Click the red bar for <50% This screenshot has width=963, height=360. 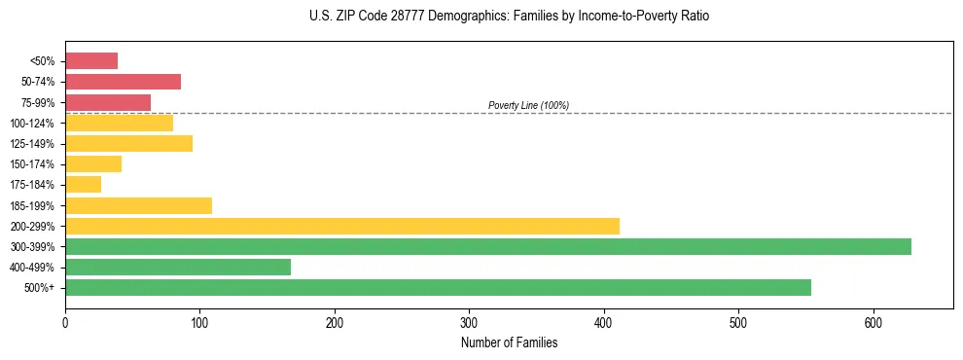(91, 61)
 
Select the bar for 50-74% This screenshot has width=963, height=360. (123, 82)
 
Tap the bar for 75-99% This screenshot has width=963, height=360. (108, 102)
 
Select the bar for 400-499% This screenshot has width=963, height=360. (178, 267)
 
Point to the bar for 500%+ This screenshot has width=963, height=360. (438, 287)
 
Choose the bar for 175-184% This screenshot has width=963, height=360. (83, 184)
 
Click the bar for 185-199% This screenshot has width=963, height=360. (138, 205)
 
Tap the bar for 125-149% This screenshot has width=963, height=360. (128, 143)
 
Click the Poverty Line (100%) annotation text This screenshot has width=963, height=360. (528, 105)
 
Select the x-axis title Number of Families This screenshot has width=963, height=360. (509, 342)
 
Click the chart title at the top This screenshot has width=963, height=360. (510, 17)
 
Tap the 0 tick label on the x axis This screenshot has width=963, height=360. (65, 322)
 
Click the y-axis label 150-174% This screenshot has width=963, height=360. (32, 164)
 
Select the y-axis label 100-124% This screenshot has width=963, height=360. (32, 124)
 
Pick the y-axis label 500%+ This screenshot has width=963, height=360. (39, 288)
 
